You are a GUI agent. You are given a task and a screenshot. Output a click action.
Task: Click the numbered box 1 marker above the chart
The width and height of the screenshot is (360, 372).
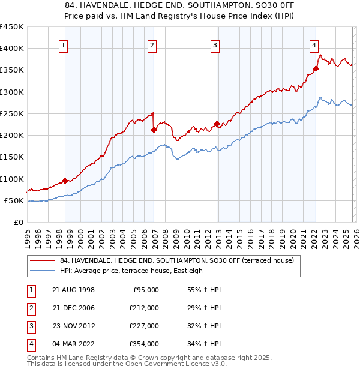pos(64,44)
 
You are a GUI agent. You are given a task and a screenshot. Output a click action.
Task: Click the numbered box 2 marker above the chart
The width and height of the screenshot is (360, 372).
pos(152,44)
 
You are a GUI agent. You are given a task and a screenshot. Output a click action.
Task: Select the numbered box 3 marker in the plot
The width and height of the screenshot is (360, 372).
pos(215,44)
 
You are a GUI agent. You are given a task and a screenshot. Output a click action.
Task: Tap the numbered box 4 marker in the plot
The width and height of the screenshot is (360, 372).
pos(314,44)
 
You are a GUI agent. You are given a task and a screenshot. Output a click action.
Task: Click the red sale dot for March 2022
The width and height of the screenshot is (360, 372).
pos(316,68)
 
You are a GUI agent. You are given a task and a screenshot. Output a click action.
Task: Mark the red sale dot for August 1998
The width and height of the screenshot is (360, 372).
pos(65,181)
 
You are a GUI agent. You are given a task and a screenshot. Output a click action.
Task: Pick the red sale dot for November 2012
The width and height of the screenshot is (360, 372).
pos(217,124)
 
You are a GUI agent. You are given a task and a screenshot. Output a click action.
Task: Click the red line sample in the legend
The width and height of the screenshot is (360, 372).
pos(43,261)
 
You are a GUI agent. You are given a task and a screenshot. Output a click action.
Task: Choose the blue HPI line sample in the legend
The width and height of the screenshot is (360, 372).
pos(43,271)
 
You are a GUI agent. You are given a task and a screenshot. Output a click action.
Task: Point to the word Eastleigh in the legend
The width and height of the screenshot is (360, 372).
pos(188,271)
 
